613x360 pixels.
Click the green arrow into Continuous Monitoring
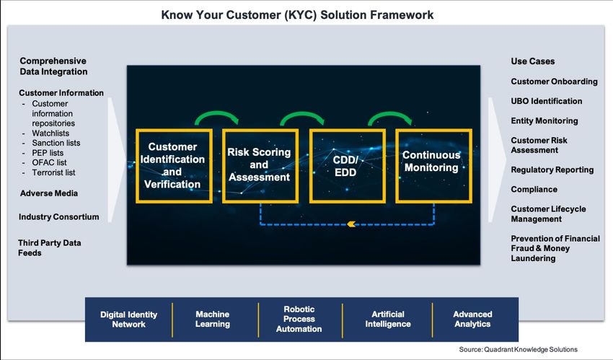click(x=389, y=114)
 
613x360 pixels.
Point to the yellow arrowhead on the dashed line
click(x=351, y=224)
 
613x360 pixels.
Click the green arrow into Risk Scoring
click(x=216, y=113)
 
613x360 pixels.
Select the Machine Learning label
click(x=213, y=319)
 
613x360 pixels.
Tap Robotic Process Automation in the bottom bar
click(x=299, y=319)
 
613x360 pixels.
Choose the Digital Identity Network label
click(x=128, y=320)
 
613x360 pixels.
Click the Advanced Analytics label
click(x=472, y=319)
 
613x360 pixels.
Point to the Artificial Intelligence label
click(x=388, y=319)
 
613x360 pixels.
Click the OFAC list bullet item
click(x=49, y=162)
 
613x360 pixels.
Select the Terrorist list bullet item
click(x=53, y=172)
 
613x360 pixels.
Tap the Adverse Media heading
click(x=49, y=193)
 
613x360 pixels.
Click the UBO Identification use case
click(x=547, y=101)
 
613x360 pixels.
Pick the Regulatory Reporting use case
click(x=552, y=170)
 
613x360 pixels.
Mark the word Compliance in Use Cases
click(x=534, y=189)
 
